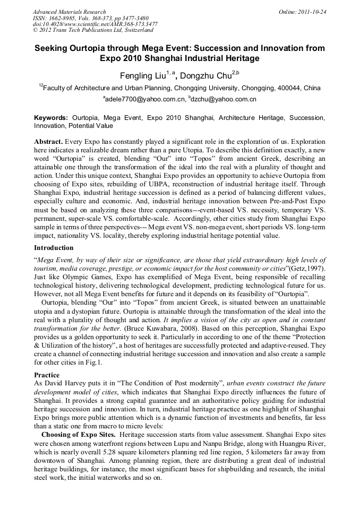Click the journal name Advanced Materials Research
click(x=69, y=12)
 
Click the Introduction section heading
click(x=54, y=248)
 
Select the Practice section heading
click(x=47, y=375)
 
